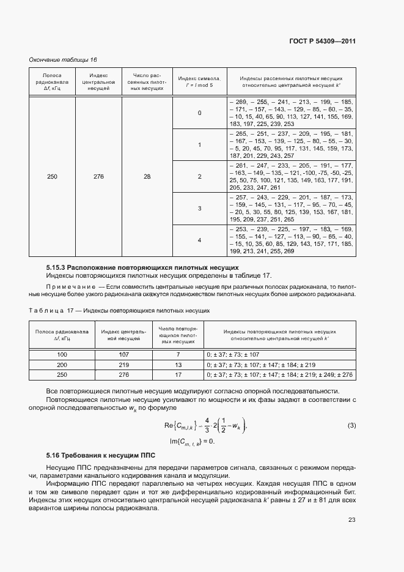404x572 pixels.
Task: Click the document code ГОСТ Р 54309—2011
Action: (322, 42)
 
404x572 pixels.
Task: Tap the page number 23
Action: (351, 520)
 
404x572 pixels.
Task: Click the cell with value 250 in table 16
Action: (52, 176)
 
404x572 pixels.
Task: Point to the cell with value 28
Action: (147, 176)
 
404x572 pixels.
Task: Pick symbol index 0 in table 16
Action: (199, 113)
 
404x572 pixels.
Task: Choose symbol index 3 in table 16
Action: (199, 209)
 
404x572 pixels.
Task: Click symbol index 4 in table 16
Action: (199, 240)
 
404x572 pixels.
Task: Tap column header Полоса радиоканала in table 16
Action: (52, 81)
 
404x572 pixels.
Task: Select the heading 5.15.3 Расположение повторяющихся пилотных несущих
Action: (142, 267)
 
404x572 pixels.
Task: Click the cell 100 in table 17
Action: (62, 354)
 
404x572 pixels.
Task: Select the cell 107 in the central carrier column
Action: (123, 354)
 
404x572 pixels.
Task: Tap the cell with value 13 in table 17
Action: (178, 365)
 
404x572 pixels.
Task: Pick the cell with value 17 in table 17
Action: (178, 374)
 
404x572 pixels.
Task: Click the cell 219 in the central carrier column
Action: (123, 365)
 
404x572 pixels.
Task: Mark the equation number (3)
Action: (351, 425)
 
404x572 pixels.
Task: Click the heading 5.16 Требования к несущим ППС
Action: (101, 455)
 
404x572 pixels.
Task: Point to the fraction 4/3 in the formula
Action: (207, 425)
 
